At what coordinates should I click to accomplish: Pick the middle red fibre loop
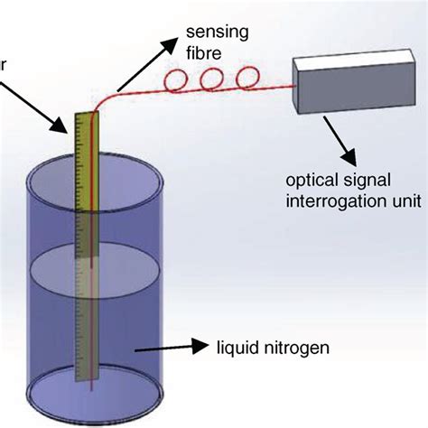click(212, 80)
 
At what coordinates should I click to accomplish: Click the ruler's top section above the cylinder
click(86, 144)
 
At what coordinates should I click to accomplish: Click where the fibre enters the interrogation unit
click(296, 87)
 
